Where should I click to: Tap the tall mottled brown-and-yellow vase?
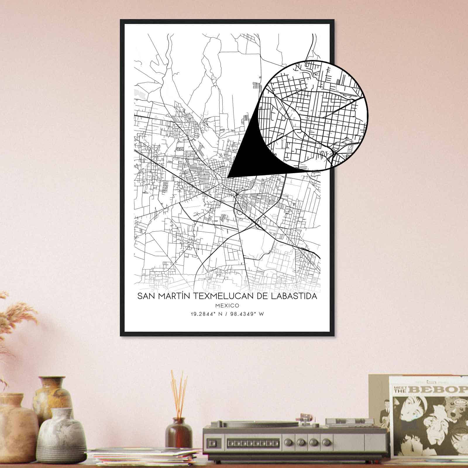53,395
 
